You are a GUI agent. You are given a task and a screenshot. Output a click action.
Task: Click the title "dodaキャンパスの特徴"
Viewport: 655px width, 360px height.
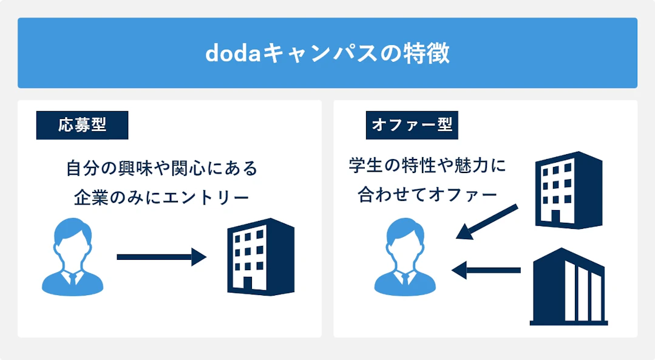[x=327, y=53]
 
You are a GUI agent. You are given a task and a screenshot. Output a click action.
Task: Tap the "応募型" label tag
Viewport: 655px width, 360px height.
[x=82, y=126]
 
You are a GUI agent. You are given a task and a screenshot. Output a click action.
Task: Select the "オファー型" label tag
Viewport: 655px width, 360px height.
[x=412, y=126]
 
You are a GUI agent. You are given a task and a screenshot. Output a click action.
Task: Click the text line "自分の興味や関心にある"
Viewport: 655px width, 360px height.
[x=161, y=168]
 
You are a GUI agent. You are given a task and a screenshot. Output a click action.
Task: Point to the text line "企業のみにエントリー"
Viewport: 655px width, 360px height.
[x=161, y=197]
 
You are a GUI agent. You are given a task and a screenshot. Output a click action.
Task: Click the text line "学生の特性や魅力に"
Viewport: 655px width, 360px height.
[x=427, y=166]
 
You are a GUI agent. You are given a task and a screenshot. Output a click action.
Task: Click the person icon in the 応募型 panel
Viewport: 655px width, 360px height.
[x=73, y=257]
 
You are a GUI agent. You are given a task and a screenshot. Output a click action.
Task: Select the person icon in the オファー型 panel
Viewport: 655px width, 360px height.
[x=405, y=257]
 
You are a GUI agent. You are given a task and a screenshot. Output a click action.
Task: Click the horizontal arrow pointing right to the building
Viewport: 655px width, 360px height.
[x=161, y=257]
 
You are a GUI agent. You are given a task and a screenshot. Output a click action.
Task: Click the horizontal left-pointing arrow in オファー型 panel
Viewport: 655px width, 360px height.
[x=486, y=269]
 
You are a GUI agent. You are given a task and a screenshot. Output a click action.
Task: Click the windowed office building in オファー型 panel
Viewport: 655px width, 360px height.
[x=568, y=190]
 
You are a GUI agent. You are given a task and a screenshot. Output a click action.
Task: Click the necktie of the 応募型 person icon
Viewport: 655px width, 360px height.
[x=73, y=280]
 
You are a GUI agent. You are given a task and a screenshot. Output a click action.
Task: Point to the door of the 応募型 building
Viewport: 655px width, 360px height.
[x=247, y=284]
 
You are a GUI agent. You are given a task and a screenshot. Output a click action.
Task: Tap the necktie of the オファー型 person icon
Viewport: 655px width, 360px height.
[x=405, y=279]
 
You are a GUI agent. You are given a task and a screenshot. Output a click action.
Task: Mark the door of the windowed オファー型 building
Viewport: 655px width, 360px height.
[x=554, y=216]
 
